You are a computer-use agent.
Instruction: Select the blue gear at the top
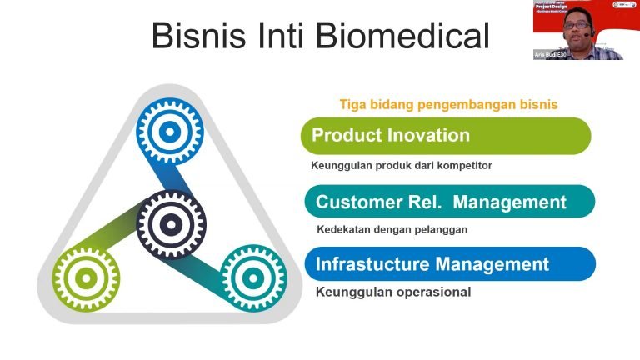pos(169,131)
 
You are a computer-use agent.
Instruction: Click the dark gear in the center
pos(170,222)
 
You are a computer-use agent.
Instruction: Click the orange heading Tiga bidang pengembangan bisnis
pos(448,104)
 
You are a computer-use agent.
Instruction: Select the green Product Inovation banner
pos(446,135)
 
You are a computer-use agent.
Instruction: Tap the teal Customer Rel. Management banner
pos(449,202)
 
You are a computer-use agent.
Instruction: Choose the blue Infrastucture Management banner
pos(449,264)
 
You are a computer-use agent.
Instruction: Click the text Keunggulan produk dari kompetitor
pos(402,165)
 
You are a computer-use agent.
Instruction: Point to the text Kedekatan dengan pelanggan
pos(392,229)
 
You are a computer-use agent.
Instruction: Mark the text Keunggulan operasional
pos(392,292)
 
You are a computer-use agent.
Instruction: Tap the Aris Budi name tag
pos(551,54)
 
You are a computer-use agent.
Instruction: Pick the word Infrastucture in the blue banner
pos(371,264)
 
